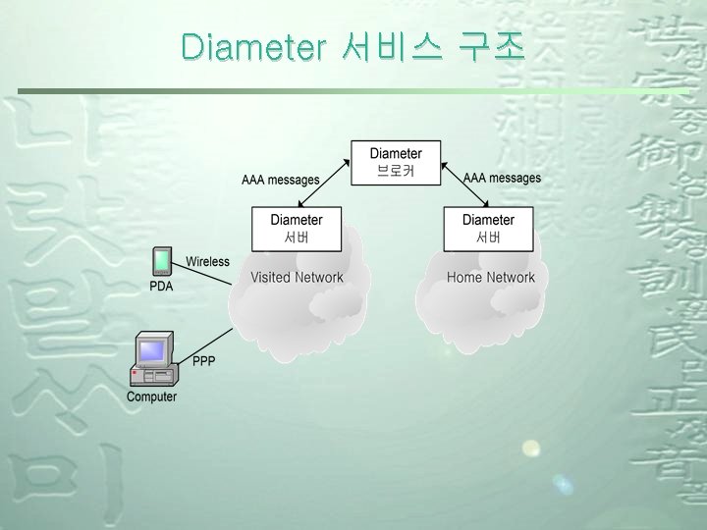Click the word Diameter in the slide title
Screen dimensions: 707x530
pyautogui.click(x=252, y=45)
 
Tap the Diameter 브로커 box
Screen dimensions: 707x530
pyautogui.click(x=396, y=162)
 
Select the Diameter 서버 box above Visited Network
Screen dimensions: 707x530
pyautogui.click(x=297, y=228)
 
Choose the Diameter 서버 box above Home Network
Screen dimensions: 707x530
pyautogui.click(x=488, y=228)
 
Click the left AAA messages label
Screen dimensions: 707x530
pyautogui.click(x=281, y=180)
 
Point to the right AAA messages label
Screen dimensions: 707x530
pyautogui.click(x=502, y=178)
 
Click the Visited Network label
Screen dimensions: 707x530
pyautogui.click(x=297, y=278)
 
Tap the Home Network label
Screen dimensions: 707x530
pyautogui.click(x=491, y=278)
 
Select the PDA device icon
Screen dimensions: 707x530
pyautogui.click(x=161, y=261)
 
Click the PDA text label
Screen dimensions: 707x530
pyautogui.click(x=160, y=287)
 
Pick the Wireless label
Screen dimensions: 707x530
pyautogui.click(x=207, y=262)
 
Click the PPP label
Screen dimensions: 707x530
pyautogui.click(x=203, y=361)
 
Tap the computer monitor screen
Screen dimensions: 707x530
pyautogui.click(x=151, y=350)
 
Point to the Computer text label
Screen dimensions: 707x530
pyautogui.click(x=151, y=397)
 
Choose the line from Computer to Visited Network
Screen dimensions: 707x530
pyautogui.click(x=203, y=344)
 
